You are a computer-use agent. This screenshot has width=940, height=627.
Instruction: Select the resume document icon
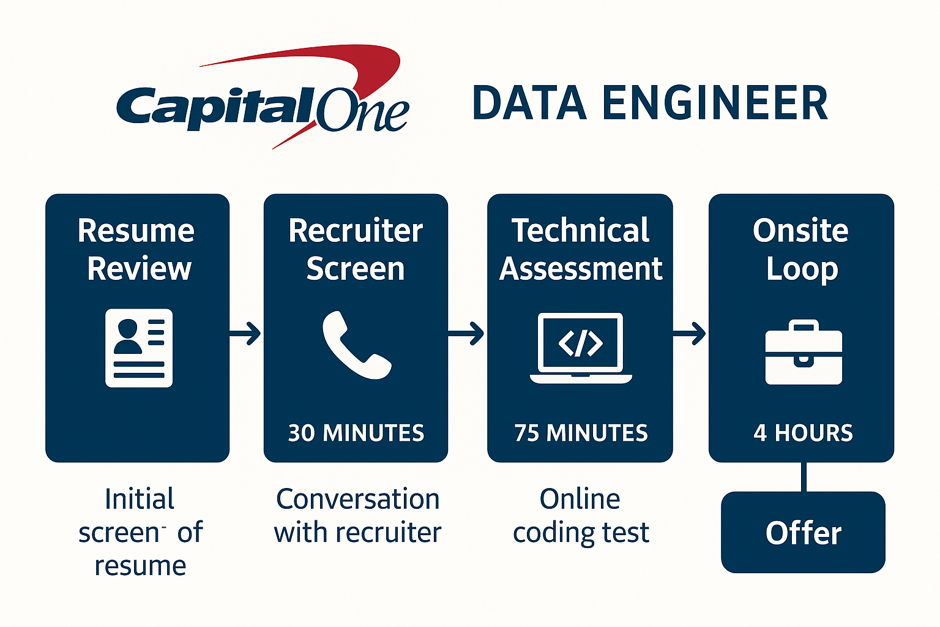tap(139, 348)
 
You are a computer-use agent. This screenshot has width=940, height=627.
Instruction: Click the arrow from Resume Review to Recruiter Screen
tap(246, 334)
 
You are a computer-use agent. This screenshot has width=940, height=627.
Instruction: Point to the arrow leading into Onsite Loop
tap(690, 334)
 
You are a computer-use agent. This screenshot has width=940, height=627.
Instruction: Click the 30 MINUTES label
tap(356, 433)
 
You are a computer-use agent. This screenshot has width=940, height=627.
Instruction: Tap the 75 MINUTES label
tap(581, 433)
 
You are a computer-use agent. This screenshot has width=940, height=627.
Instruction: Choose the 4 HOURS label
tap(803, 433)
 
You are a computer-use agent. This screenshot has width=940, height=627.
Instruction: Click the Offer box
tap(803, 532)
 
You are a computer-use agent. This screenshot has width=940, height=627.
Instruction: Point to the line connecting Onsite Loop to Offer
tap(803, 477)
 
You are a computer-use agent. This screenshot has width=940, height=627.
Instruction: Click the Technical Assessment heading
tap(581, 249)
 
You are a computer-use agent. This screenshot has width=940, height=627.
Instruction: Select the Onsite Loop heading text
tap(801, 249)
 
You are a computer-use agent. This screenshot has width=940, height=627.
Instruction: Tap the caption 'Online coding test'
tap(581, 516)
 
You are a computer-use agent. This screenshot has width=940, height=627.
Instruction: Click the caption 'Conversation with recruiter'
tap(357, 516)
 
